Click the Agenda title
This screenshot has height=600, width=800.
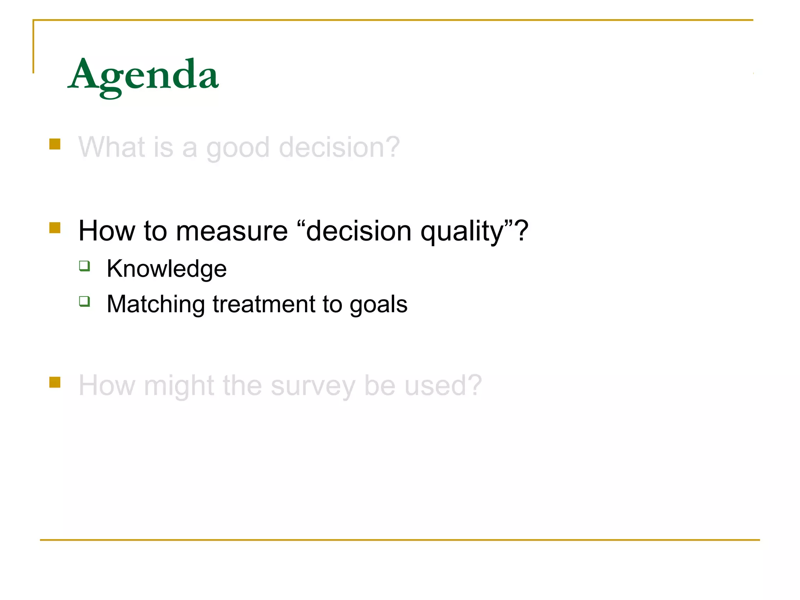(143, 75)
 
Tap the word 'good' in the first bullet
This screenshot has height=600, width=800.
(237, 148)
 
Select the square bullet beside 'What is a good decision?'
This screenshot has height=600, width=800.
(55, 144)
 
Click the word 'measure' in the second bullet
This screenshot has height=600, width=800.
(232, 231)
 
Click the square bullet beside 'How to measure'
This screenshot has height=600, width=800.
(55, 228)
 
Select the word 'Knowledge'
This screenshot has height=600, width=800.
(167, 269)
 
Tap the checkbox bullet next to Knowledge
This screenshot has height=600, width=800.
(84, 266)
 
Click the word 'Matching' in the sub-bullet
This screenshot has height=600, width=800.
(155, 305)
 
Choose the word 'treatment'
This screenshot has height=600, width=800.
(264, 305)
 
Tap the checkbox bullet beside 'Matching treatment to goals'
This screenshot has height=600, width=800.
(84, 302)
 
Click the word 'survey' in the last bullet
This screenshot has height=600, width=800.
(313, 386)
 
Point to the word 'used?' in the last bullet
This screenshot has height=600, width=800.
(443, 386)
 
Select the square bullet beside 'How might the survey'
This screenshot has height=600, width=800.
(55, 382)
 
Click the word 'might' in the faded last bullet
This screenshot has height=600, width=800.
(179, 386)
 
